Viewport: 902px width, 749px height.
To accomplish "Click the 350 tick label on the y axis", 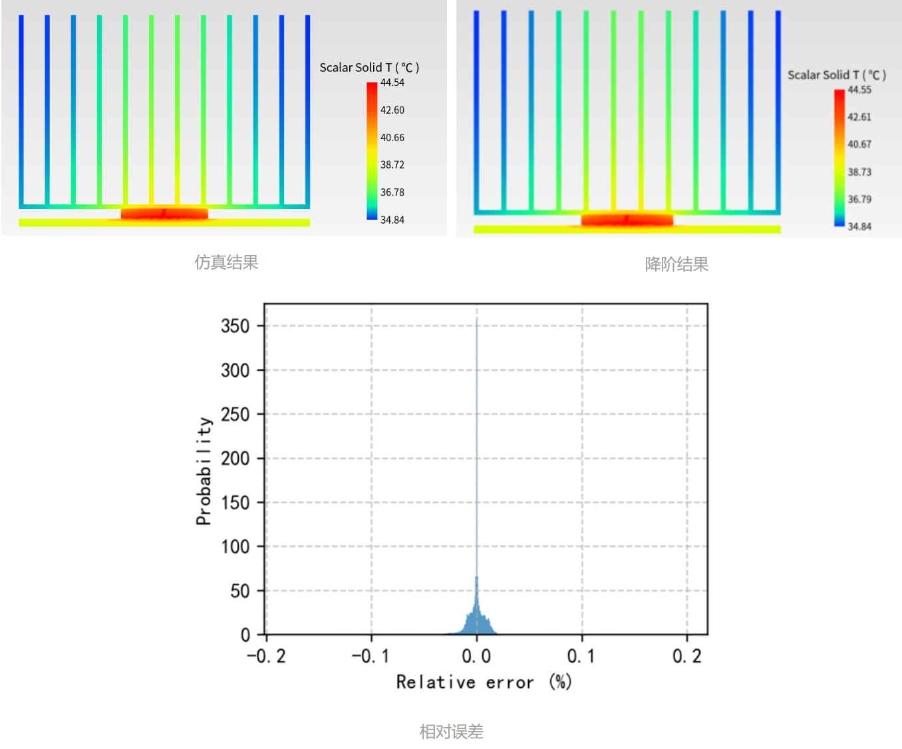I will pos(235,326).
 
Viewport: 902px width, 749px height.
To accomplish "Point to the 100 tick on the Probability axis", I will pos(235,547).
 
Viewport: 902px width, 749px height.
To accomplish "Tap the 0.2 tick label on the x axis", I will pos(686,656).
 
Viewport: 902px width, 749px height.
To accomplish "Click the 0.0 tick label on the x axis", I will pos(476,656).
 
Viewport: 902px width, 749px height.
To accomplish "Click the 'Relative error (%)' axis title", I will pos(484,682).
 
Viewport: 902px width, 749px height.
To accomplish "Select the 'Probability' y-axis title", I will pos(204,471).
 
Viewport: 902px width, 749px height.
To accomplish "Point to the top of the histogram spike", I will pos(476,320).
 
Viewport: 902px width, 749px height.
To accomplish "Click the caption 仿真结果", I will pos(226,262).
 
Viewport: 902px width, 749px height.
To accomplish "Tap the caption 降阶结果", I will pos(676,264).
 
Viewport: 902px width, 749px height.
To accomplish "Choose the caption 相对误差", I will pos(451,732).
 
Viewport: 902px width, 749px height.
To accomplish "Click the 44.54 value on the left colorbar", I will pos(392,83).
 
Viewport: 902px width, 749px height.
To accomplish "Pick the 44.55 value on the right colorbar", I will pos(859,90).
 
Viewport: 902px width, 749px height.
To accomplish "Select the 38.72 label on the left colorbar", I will pos(392,164).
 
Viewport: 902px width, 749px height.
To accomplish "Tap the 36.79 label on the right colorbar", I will pos(859,199).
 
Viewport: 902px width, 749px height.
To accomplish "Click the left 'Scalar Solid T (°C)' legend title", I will pos(369,67).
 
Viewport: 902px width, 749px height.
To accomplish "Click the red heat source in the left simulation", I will pos(164,214).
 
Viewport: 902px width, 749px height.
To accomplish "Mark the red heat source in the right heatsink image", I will pos(627,220).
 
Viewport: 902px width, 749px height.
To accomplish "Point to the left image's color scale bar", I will pos(372,150).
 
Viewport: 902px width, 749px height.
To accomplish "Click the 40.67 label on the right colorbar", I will pos(859,144).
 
